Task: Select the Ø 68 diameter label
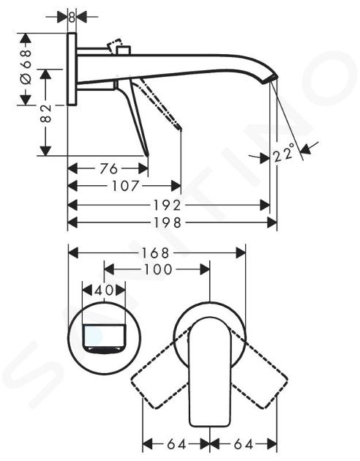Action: pyautogui.click(x=26, y=67)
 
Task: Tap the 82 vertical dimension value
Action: pyautogui.click(x=45, y=113)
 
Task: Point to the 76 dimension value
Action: pyautogui.click(x=108, y=169)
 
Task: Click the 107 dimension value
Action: pyautogui.click(x=125, y=186)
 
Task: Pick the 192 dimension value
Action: pyautogui.click(x=168, y=205)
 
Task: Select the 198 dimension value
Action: pyautogui.click(x=168, y=222)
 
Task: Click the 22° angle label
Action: pyautogui.click(x=284, y=153)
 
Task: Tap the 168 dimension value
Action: pyautogui.click(x=156, y=253)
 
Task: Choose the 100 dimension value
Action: pyautogui.click(x=158, y=269)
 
